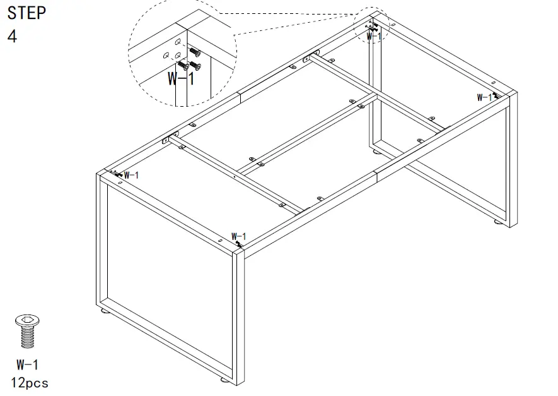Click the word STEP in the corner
tap(26, 13)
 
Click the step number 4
tap(12, 36)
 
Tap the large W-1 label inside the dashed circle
tap(181, 79)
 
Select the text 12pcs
tap(29, 383)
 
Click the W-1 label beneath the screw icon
tap(28, 364)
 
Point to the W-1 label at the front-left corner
tap(131, 175)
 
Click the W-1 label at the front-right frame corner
tap(240, 236)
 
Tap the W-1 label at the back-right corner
tap(484, 97)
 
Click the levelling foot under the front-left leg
tap(103, 311)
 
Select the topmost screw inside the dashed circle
tap(194, 52)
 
